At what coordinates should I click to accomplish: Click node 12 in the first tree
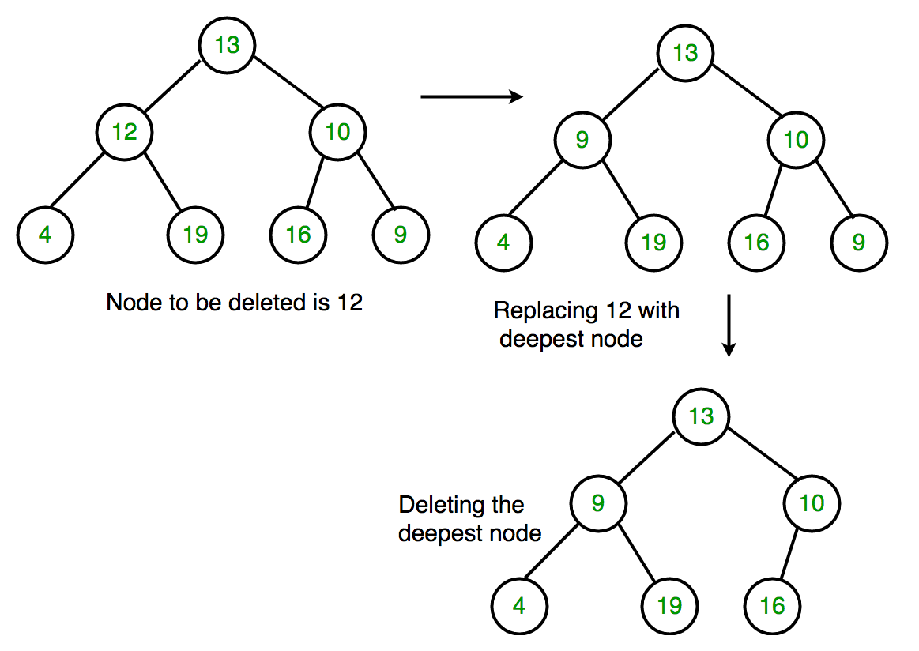124,132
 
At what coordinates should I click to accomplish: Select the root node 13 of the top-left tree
227,45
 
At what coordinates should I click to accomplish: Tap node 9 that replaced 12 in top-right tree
582,141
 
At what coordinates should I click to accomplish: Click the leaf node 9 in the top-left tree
401,235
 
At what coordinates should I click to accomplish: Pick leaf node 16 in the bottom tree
772,606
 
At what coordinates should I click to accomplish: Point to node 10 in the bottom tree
812,503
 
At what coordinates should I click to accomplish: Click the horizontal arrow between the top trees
472,96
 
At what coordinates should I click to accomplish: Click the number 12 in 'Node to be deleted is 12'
348,303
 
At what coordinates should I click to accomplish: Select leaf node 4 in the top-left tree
45,235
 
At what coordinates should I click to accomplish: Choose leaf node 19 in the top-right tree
653,243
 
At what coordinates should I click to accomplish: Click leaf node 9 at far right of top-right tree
859,243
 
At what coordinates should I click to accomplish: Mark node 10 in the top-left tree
337,132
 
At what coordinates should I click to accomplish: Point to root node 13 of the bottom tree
701,416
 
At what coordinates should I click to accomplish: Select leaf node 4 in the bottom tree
519,606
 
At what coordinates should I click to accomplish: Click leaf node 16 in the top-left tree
298,235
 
